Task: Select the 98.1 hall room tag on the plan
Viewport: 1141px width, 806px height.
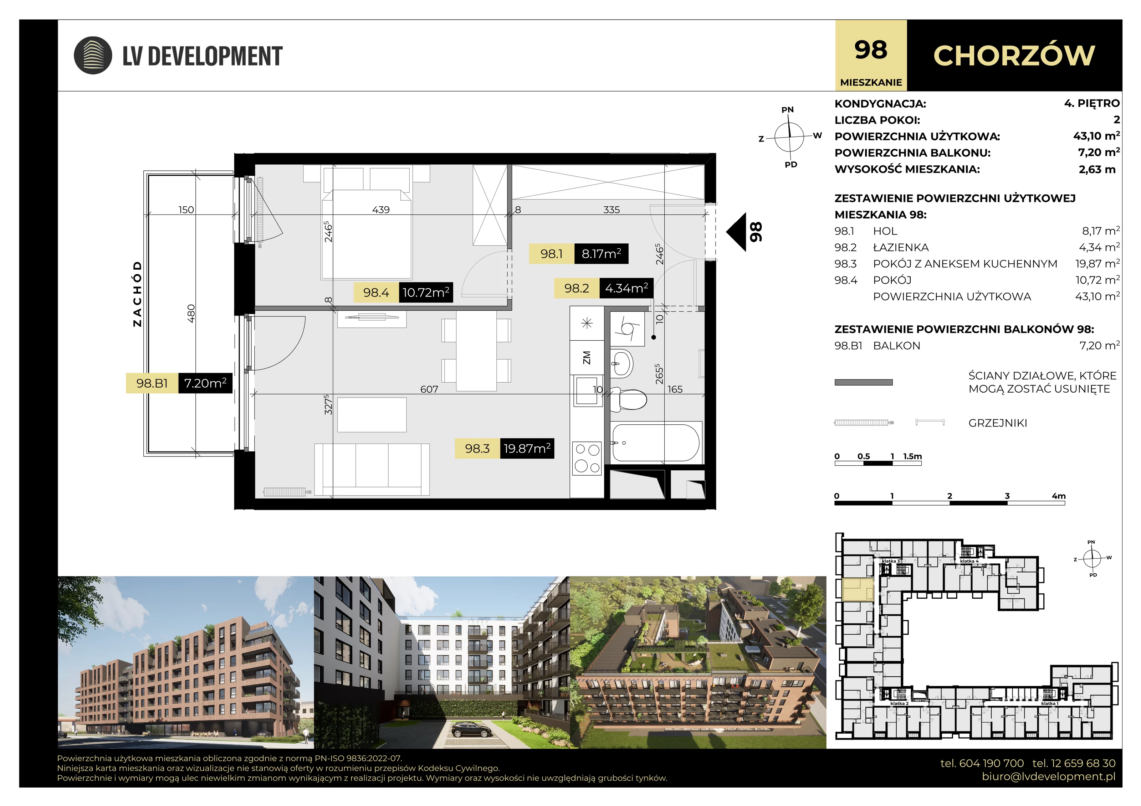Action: [x=552, y=254]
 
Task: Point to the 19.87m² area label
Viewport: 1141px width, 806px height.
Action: [x=527, y=449]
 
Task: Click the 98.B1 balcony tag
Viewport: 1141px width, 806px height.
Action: [x=152, y=383]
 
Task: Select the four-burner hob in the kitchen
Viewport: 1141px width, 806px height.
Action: [x=587, y=458]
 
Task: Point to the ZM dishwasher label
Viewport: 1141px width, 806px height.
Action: [x=587, y=357]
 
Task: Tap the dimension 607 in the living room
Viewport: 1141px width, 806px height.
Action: [x=429, y=389]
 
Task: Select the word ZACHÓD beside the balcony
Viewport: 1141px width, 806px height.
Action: [x=137, y=294]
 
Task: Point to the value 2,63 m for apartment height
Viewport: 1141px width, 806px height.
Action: [x=1097, y=169]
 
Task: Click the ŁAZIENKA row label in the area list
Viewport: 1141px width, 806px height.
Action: [x=900, y=247]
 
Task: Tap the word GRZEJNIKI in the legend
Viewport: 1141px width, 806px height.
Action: [x=997, y=423]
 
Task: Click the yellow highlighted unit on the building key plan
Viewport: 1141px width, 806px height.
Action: [x=858, y=590]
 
